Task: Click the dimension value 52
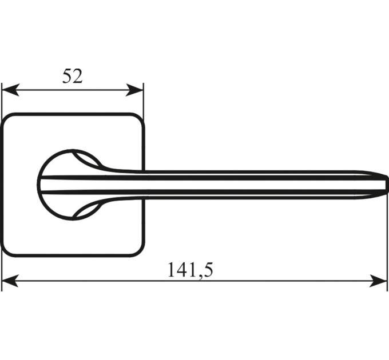click(x=72, y=76)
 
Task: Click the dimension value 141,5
click(x=190, y=270)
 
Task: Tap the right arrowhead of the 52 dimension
click(x=134, y=90)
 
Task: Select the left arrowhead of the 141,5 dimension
click(x=10, y=281)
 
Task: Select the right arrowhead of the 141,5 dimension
click(x=378, y=281)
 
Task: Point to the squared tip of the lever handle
click(x=385, y=185)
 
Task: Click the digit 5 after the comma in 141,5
click(x=207, y=270)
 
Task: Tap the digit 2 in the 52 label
click(x=77, y=76)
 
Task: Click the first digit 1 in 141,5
click(x=172, y=270)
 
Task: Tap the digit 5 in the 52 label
click(x=67, y=76)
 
